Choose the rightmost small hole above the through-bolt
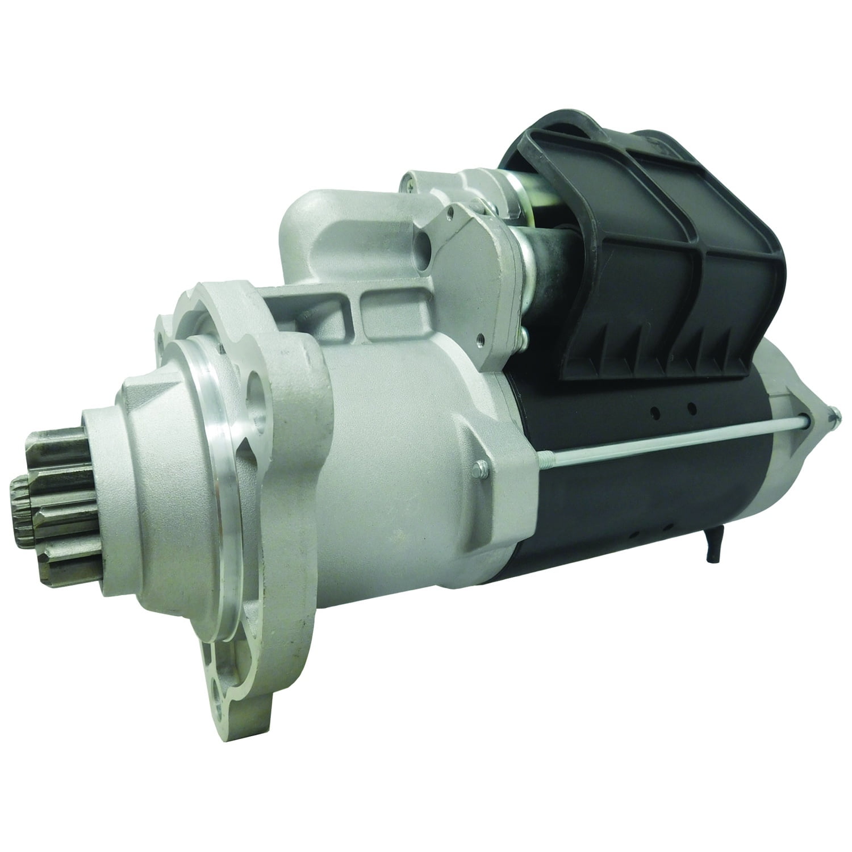coord(691,407)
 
